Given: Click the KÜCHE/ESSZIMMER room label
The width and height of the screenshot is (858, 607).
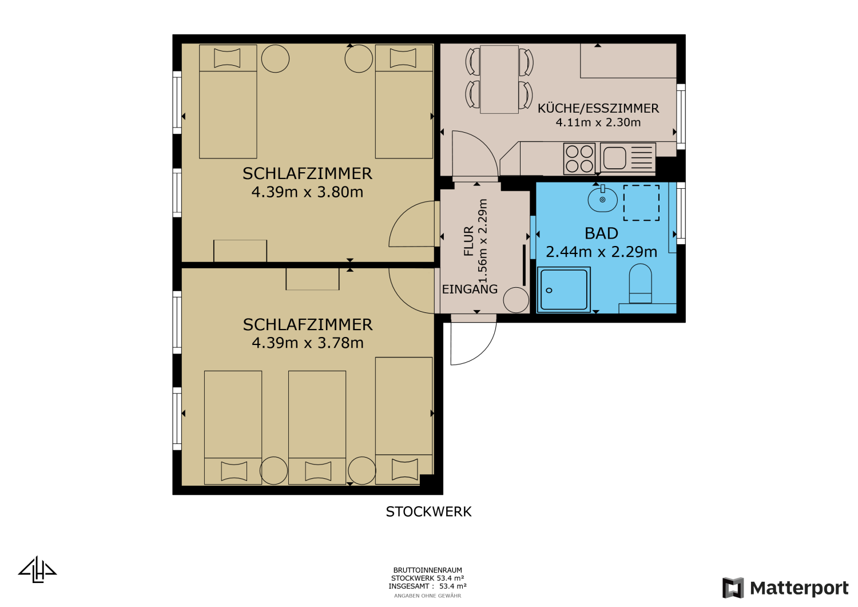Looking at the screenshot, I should tap(598, 108).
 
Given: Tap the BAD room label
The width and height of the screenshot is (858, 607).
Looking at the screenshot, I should tap(601, 233).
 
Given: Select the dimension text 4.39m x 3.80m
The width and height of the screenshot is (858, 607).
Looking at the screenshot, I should tap(307, 192).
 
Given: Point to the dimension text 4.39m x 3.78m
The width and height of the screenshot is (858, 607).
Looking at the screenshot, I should tap(307, 343).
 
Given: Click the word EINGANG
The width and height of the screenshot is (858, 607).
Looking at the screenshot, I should tap(470, 289).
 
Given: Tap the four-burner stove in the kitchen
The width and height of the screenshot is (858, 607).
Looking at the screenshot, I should tap(579, 158).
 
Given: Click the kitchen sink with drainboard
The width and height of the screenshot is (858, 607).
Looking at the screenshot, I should tap(627, 158).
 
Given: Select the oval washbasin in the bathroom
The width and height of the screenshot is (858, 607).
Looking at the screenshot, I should tap(602, 199).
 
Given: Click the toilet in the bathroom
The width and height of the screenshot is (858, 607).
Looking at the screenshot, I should tap(640, 283).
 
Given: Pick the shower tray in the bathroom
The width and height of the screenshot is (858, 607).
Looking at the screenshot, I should tap(563, 289).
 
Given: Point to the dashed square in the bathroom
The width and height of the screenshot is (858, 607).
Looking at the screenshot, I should tap(641, 203).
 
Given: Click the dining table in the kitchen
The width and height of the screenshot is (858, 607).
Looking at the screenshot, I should tap(499, 79).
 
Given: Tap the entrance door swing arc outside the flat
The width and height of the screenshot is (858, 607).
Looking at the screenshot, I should tap(472, 344).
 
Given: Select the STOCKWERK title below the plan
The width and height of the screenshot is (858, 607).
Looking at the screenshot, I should tap(428, 512).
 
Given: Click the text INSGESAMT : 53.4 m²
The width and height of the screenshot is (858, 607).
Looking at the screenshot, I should tap(427, 586).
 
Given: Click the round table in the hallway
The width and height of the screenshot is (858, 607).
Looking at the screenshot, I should tap(516, 300).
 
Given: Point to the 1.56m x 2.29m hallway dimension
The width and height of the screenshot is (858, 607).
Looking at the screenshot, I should tap(483, 241).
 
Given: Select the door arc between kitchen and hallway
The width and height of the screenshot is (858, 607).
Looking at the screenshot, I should tap(475, 154).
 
